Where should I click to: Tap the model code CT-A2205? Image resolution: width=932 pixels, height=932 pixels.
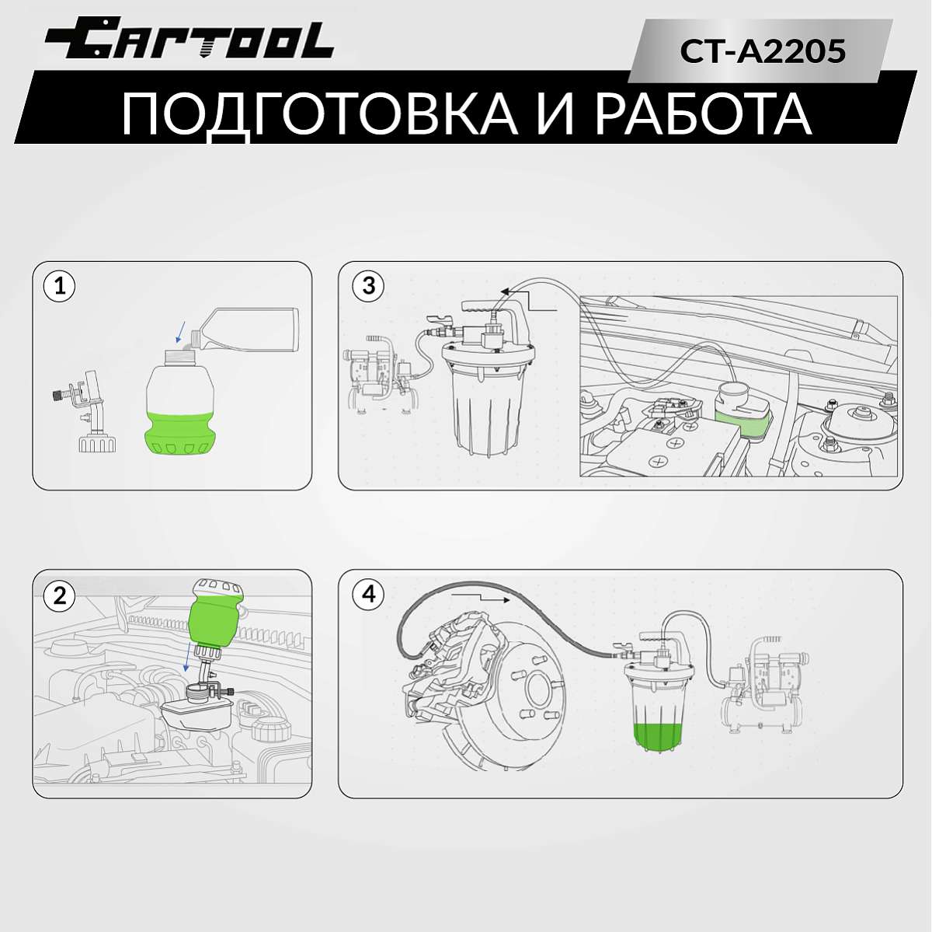tap(763, 51)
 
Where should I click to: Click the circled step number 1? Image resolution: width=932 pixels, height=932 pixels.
tap(60, 287)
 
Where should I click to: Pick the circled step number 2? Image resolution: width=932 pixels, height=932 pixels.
tap(60, 595)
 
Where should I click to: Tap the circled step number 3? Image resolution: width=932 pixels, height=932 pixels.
tap(369, 286)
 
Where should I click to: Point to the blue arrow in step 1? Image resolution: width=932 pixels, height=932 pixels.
tap(181, 333)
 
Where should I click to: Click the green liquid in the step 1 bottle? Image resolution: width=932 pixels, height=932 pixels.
tap(180, 432)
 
